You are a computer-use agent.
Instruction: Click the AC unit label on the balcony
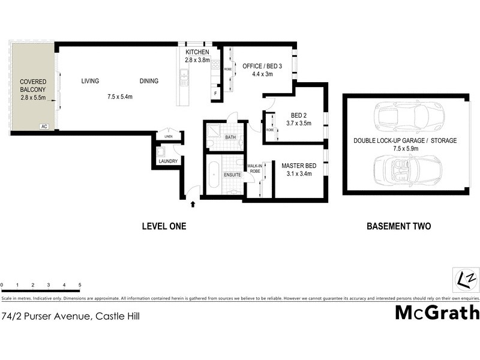(44, 127)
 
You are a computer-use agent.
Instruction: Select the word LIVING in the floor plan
(90, 81)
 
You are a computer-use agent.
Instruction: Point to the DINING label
(149, 81)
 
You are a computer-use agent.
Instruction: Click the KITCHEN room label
(197, 53)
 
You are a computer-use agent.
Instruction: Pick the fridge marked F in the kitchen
(215, 94)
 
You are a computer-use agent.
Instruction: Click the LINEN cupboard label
(169, 137)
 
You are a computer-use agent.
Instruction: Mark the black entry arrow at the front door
(193, 205)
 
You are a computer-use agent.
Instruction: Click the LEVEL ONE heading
(164, 226)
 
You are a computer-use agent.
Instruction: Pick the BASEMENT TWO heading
(398, 226)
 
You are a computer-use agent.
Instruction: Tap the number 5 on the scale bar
(80, 285)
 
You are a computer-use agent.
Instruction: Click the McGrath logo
(437, 312)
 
